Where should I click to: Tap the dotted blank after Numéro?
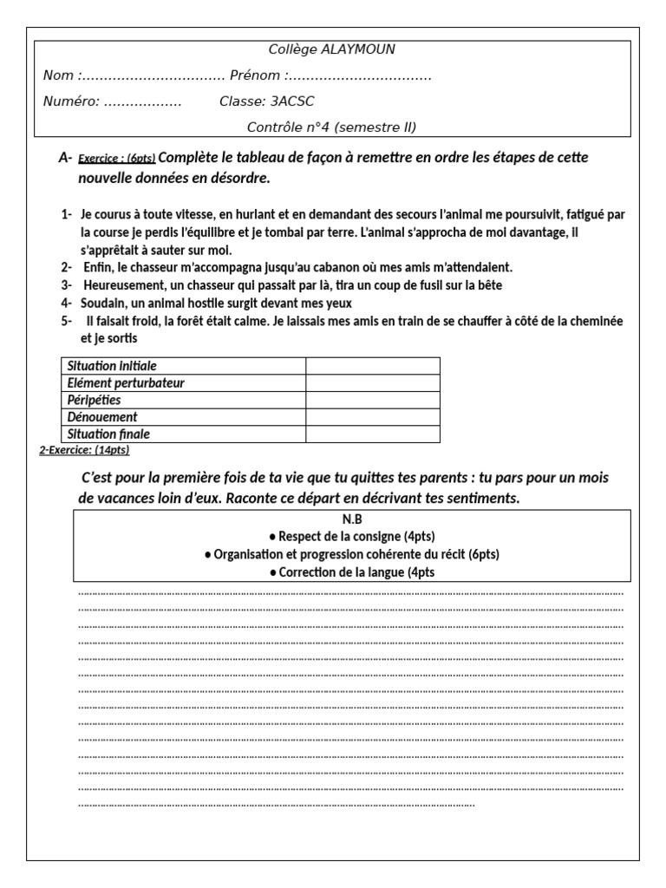142,102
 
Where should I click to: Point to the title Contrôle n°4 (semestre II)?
332,127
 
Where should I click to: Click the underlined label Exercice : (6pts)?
117,159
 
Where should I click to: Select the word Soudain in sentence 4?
105,303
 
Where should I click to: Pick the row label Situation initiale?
113,366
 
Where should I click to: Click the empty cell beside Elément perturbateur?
372,382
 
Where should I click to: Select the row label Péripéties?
95,400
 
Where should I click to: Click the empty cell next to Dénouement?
372,417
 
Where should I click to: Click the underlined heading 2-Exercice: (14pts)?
85,450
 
